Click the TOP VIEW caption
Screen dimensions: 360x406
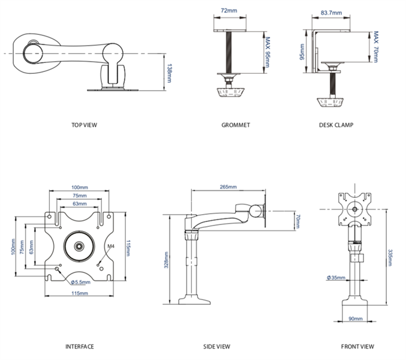click(84, 125)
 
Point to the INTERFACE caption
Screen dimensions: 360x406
click(80, 346)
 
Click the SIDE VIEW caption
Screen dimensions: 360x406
click(217, 346)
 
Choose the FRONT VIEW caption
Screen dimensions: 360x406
click(357, 346)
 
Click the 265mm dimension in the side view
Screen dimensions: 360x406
click(228, 187)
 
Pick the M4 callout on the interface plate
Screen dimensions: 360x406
click(111, 246)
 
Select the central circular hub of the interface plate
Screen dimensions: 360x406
click(79, 246)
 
